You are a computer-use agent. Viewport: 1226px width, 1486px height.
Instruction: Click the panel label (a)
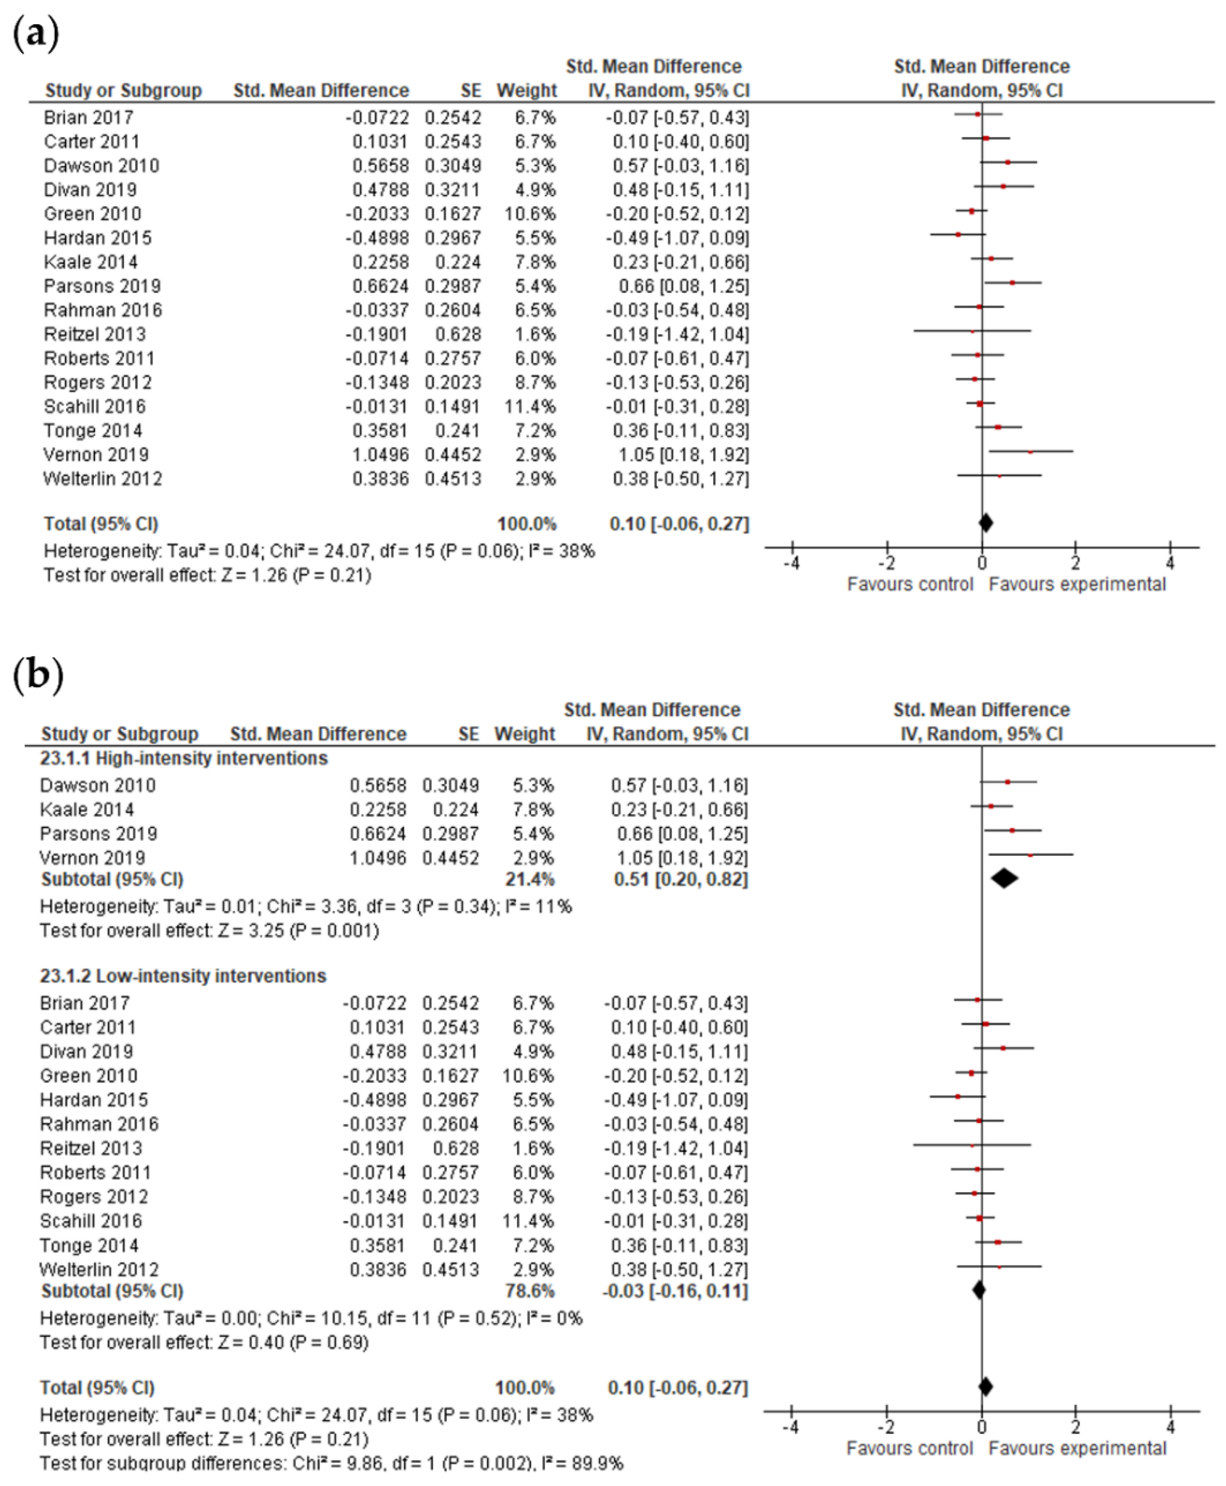(35, 34)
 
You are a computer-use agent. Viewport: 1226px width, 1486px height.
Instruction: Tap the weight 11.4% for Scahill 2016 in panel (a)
(530, 406)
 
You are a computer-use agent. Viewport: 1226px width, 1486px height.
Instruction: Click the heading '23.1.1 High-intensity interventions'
(184, 758)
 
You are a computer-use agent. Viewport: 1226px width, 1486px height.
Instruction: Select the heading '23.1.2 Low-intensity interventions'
(183, 976)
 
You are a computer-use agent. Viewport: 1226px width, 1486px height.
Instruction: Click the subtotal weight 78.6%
(530, 1291)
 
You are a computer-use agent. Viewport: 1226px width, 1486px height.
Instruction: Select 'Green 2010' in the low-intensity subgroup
(88, 1076)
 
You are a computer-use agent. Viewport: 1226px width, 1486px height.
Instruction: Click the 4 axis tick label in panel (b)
(1170, 1427)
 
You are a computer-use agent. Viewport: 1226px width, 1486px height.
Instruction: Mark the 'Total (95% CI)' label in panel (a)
(101, 524)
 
